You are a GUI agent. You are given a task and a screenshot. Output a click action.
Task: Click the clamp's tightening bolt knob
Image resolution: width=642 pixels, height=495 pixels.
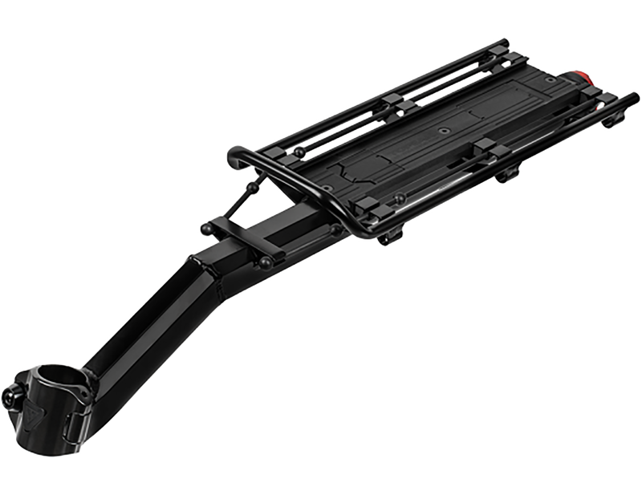(12, 397)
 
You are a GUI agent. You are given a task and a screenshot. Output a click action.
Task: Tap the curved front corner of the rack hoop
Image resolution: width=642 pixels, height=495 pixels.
(238, 155)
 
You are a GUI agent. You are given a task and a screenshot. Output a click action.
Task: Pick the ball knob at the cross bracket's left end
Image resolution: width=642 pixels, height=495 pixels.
(206, 229)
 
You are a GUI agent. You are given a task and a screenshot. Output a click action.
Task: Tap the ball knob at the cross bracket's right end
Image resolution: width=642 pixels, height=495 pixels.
(266, 262)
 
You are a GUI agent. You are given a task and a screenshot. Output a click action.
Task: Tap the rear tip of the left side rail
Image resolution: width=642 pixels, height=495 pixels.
(503, 43)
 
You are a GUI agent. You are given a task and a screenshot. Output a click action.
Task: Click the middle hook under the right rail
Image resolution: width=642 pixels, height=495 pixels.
(507, 173)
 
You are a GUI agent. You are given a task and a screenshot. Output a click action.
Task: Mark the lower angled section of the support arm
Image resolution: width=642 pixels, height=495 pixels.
(136, 337)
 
